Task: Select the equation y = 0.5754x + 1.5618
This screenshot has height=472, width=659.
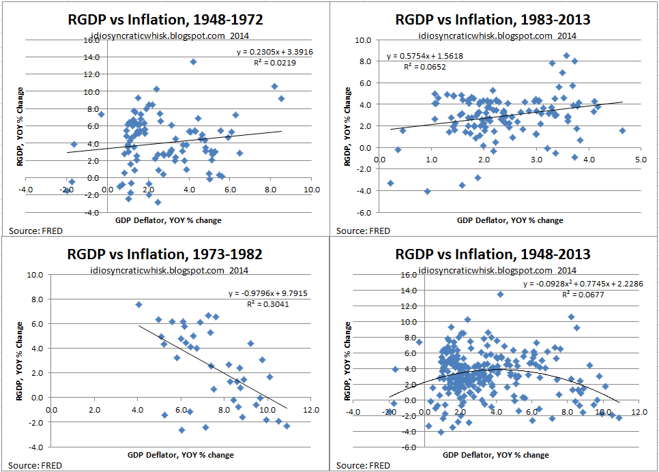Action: pos(426,56)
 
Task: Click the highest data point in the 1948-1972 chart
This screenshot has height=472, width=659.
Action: pos(193,61)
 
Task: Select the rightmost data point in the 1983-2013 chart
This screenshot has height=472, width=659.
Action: pos(621,130)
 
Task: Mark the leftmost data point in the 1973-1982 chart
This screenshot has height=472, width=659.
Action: pos(138,305)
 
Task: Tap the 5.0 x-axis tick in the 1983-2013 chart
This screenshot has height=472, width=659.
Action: pos(640,159)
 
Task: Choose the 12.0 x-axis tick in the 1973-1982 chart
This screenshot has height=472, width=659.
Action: pos(311,410)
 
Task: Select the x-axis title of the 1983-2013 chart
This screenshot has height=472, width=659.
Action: pos(510,220)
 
